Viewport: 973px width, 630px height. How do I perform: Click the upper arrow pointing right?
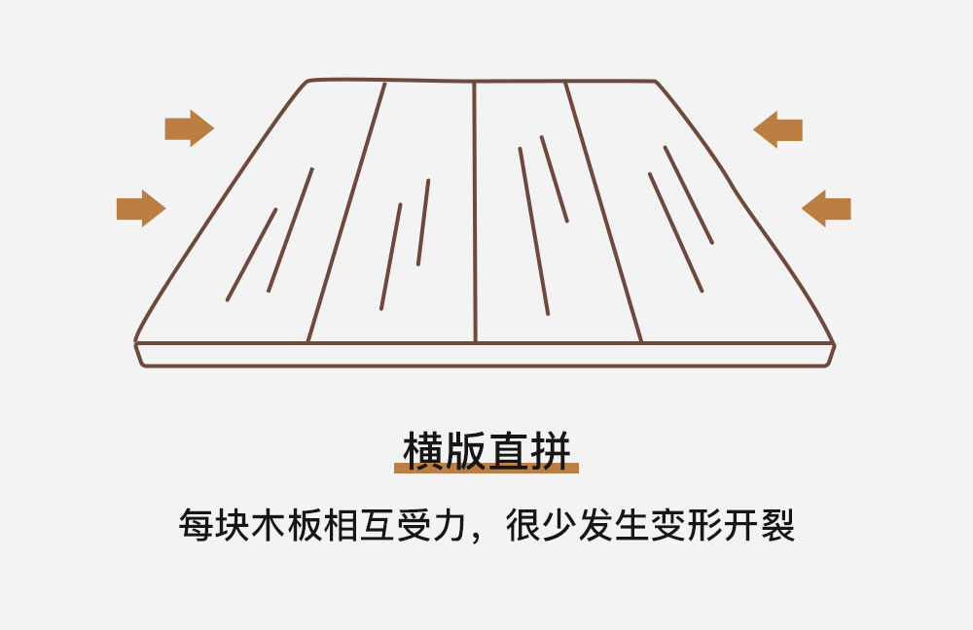coord(189,128)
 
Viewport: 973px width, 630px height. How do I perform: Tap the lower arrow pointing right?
coord(140,208)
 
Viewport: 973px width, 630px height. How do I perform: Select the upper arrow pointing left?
coord(778,129)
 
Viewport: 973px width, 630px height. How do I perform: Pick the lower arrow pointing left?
coord(826,208)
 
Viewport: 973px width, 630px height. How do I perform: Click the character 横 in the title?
coord(424,451)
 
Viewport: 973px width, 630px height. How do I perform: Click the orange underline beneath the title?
coord(486,469)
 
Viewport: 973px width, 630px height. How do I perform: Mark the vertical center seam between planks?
coord(475,214)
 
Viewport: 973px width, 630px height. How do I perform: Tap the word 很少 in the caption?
coord(541,525)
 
